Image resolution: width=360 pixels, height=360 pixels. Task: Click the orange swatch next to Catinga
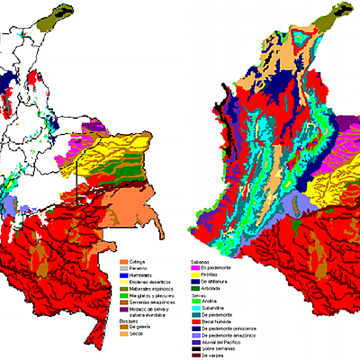(127, 262)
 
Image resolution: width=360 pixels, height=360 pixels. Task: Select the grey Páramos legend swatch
(127, 270)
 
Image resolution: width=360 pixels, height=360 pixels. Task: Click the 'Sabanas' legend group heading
(201, 261)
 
